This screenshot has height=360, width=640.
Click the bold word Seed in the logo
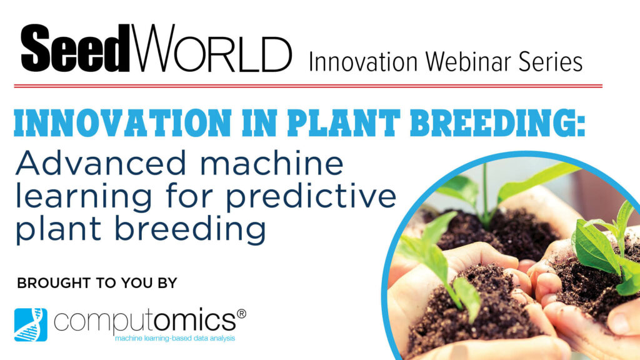[x=76, y=48]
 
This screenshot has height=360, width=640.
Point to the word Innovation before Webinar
[x=363, y=62]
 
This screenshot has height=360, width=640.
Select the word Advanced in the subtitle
[x=101, y=163]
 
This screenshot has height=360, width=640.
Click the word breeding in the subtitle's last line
[x=190, y=231]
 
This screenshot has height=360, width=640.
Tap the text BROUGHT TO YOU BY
[x=97, y=283]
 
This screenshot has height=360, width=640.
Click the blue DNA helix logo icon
[x=31, y=324]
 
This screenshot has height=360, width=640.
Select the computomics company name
[x=145, y=321]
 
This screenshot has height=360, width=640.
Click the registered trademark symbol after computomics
[x=241, y=314]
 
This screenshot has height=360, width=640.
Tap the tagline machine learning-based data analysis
[x=175, y=338]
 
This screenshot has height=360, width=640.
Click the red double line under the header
[x=308, y=86]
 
